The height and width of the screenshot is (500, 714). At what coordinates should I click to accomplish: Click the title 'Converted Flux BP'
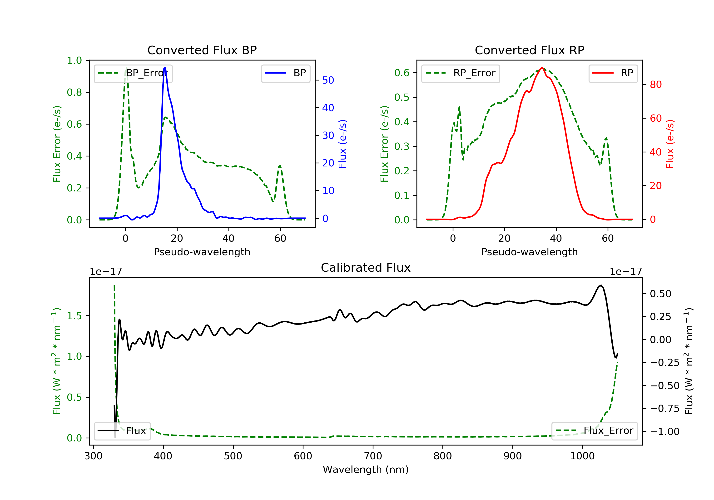coord(202,50)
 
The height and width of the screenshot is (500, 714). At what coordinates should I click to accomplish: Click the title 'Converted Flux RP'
coord(529,50)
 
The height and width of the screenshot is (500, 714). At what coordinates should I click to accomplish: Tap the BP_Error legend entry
coord(133,73)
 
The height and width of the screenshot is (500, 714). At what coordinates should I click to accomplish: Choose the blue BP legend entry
coord(285,73)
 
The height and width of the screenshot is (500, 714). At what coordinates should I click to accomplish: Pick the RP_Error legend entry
coord(460,73)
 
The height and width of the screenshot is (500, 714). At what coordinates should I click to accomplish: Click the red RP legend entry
coord(613,73)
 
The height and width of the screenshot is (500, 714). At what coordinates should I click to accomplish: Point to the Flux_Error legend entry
coord(594,431)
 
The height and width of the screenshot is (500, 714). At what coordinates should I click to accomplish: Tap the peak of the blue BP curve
coord(165,68)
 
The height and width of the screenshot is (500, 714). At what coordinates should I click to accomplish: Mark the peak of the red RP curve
coord(542,68)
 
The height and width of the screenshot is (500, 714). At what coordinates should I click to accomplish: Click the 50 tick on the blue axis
coord(328,80)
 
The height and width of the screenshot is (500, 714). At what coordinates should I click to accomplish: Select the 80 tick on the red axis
coord(655,85)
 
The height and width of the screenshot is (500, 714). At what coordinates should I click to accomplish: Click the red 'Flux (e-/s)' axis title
coord(670,144)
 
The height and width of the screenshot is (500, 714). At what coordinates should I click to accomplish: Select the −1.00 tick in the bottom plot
coord(664,432)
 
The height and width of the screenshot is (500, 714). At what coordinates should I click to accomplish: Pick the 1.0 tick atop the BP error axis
coord(74,60)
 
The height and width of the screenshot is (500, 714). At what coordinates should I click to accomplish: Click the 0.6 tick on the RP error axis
coord(402,73)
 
